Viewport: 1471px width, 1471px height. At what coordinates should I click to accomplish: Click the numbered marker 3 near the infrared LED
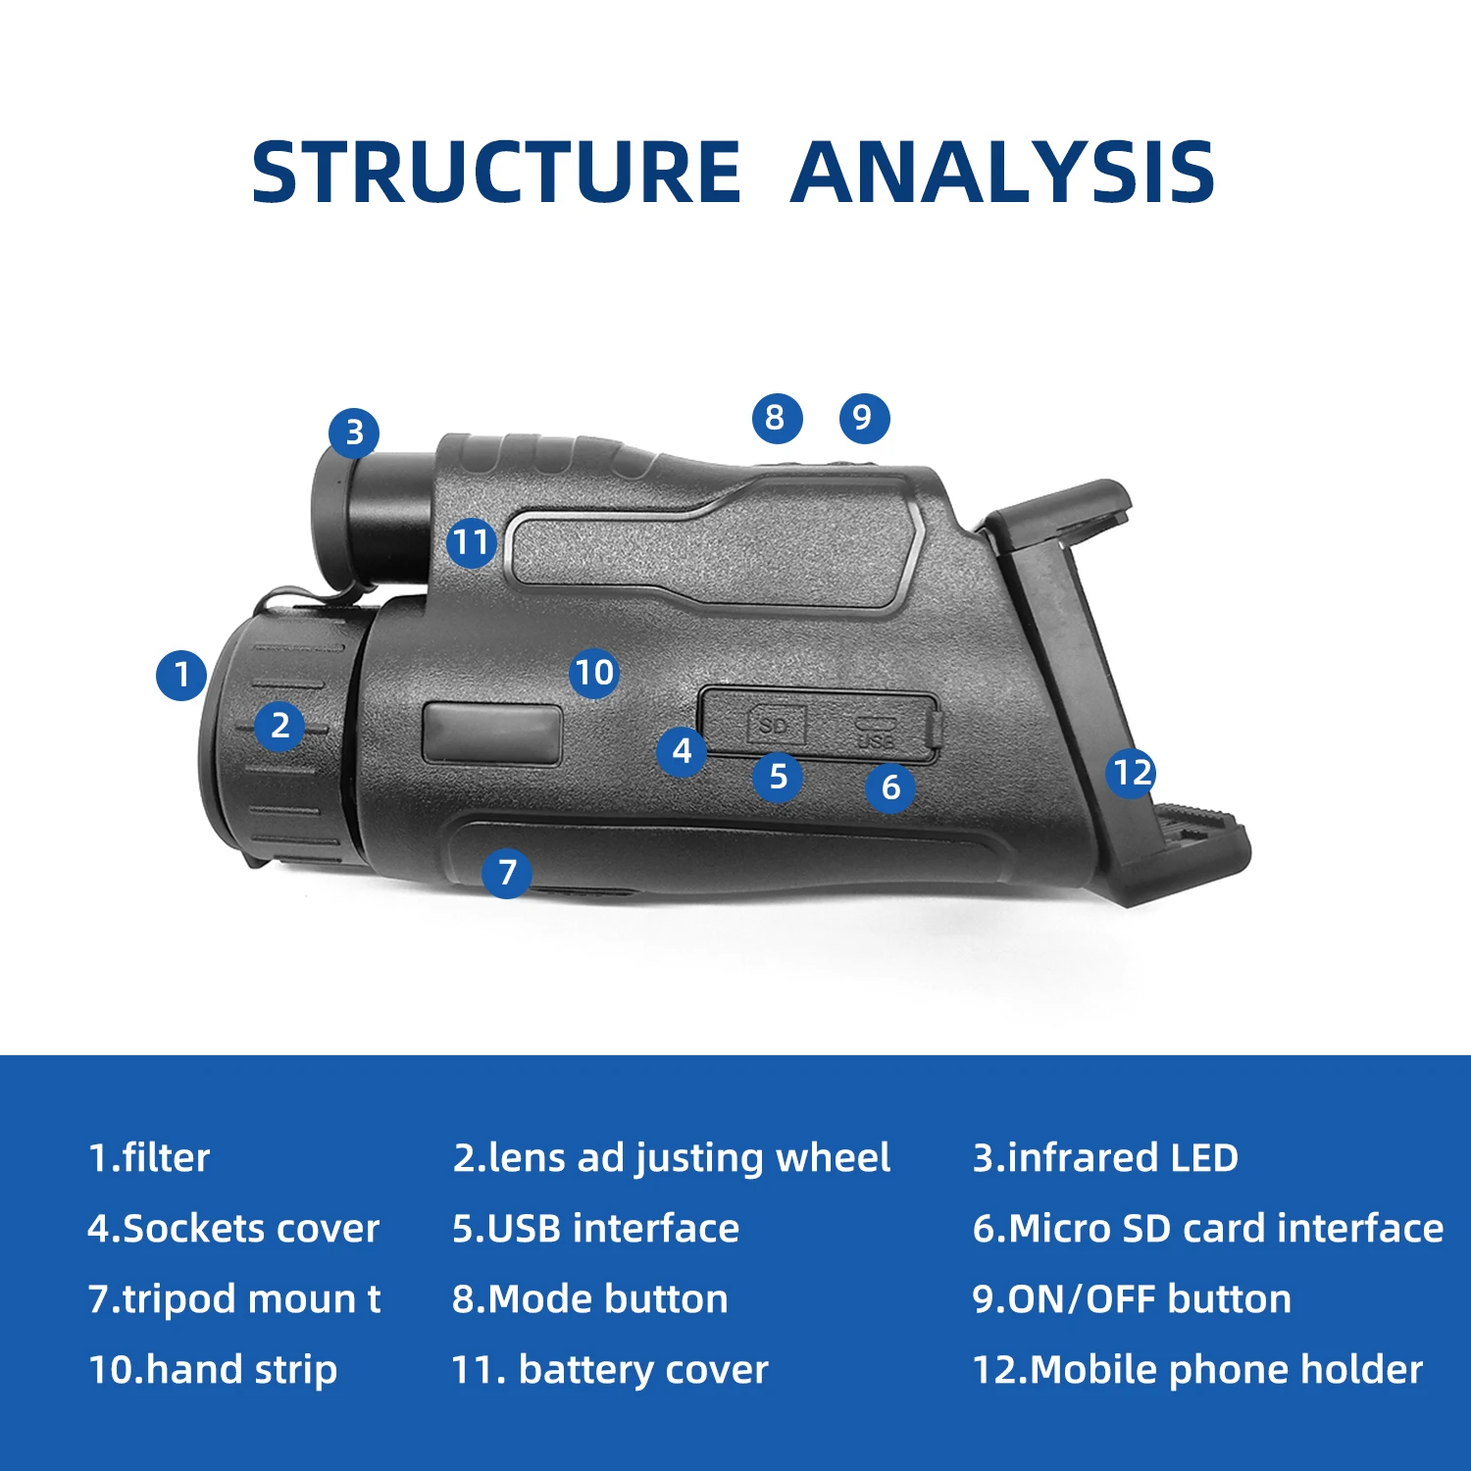[x=354, y=432]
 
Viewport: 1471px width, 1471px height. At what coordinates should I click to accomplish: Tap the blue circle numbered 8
[x=777, y=418]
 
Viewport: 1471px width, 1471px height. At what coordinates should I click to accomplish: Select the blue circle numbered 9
[x=864, y=418]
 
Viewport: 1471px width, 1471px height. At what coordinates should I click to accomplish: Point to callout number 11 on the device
[x=472, y=542]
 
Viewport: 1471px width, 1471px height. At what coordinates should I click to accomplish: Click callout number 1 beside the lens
[x=181, y=675]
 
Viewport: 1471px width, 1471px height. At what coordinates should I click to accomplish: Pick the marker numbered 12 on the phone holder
[x=1132, y=773]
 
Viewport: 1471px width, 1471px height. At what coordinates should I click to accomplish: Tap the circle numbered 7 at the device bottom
[x=507, y=872]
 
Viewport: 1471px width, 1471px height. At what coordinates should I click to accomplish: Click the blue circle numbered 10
[x=594, y=673]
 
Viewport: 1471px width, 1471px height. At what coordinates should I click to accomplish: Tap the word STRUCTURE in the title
[x=496, y=173]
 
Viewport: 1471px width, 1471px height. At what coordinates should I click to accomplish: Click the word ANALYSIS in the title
[x=1002, y=173]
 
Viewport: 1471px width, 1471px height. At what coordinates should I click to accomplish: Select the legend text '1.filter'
[x=149, y=1158]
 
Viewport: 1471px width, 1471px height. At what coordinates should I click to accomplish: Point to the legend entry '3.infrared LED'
[x=1105, y=1158]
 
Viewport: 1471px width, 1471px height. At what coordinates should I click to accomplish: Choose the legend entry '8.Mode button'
[x=590, y=1299]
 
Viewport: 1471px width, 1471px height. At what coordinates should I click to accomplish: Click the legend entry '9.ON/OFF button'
[x=1132, y=1299]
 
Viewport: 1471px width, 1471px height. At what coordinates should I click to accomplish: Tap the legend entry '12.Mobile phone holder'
[x=1197, y=1370]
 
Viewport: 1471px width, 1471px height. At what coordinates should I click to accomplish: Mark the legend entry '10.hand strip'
[x=213, y=1370]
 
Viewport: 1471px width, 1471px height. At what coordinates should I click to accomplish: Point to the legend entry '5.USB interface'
[x=596, y=1229]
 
